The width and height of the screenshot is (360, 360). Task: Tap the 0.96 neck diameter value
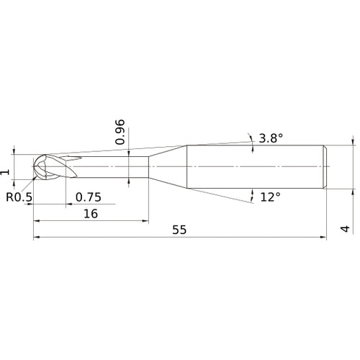tap(121, 132)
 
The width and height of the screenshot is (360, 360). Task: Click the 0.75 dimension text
tap(88, 197)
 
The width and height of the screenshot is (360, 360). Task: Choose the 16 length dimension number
tap(91, 214)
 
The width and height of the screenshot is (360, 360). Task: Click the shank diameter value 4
tap(345, 230)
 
